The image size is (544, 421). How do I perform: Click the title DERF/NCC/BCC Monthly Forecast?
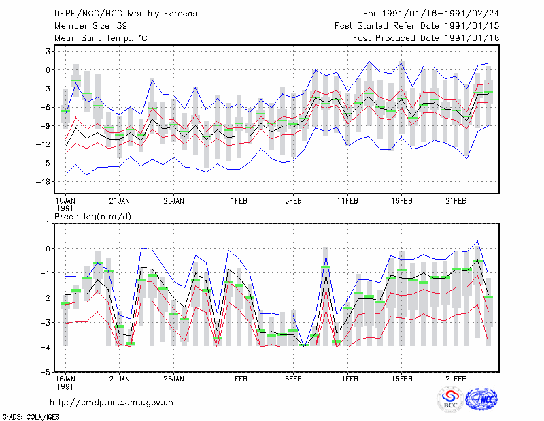127,14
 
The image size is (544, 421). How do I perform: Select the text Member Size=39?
90,26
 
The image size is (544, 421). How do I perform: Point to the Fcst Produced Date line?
426,38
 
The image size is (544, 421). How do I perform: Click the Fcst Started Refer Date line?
417,26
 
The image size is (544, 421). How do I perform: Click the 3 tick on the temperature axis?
48,52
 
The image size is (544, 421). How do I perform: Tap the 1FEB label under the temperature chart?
239,201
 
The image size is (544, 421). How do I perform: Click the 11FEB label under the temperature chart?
347,201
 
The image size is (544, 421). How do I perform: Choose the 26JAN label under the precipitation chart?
173,379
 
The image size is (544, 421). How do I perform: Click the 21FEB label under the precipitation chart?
456,379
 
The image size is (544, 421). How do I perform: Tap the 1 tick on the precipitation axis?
48,224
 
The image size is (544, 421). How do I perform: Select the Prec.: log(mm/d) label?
92,217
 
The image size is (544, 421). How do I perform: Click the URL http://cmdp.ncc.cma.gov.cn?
112,403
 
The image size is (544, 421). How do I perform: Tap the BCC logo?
450,399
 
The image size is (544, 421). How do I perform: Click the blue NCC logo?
482,399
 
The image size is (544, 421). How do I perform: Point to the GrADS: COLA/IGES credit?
31,417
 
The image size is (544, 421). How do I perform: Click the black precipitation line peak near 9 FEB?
326,272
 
